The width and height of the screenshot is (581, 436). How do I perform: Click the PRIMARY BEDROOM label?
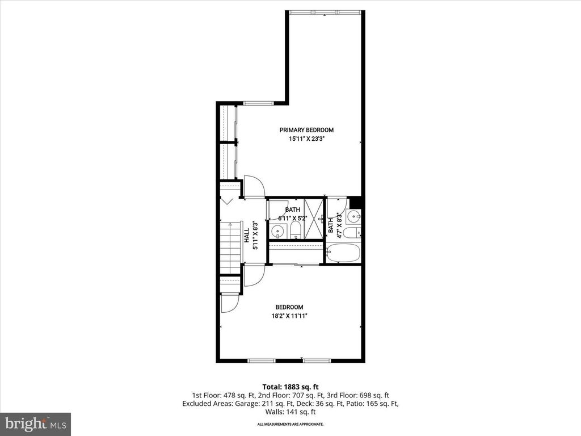pyautogui.click(x=306, y=130)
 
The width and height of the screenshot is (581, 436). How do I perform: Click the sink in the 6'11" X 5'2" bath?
pyautogui.click(x=277, y=231)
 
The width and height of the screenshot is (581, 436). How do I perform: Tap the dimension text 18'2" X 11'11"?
pyautogui.click(x=289, y=316)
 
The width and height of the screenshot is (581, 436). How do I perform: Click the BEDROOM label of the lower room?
pyautogui.click(x=289, y=307)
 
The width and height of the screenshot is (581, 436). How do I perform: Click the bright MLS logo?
pyautogui.click(x=35, y=424)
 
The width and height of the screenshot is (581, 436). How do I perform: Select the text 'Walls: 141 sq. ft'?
pyautogui.click(x=290, y=413)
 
